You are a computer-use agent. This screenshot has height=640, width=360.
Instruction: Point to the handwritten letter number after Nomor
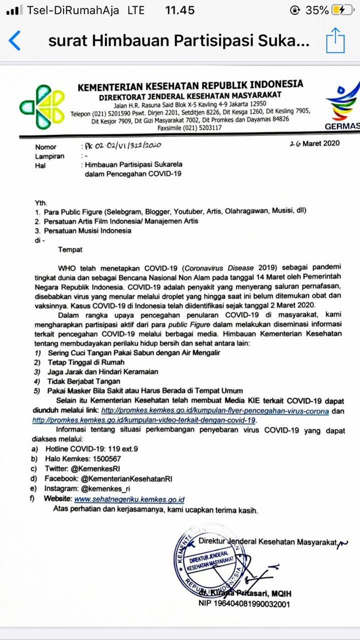coord(121,145)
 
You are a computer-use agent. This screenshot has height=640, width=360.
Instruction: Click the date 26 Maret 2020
coord(314,143)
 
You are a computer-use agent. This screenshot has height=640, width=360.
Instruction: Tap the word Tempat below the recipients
coord(70,249)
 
